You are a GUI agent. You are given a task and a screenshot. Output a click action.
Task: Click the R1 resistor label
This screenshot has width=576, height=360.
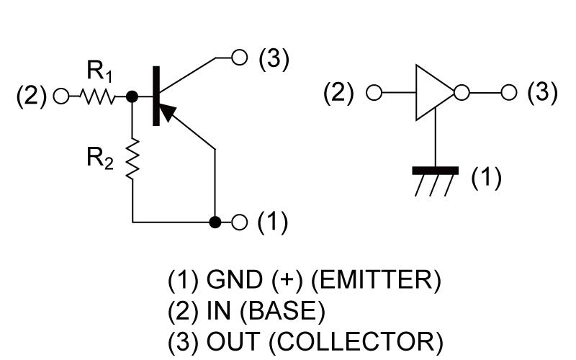pyautogui.click(x=99, y=73)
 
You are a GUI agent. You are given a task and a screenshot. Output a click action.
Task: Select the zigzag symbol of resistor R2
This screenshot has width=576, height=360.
pyautogui.click(x=132, y=160)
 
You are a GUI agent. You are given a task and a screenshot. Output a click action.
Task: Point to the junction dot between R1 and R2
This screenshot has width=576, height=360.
pyautogui.click(x=132, y=96)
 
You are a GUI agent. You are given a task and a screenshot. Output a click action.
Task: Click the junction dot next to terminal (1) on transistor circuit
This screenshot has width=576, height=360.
pyautogui.click(x=215, y=222)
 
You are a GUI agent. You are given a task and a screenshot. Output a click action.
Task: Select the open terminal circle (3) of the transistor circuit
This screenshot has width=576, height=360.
pyautogui.click(x=239, y=57)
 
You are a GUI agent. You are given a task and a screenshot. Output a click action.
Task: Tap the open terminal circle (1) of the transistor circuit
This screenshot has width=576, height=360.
pyautogui.click(x=239, y=222)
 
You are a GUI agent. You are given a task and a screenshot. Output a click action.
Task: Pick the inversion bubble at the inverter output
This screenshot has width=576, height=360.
pyautogui.click(x=462, y=93)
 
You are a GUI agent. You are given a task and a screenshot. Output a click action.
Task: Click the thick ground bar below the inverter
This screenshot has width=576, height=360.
pyautogui.click(x=436, y=171)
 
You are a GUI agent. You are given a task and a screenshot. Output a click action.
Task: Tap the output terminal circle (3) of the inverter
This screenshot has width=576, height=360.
pyautogui.click(x=509, y=93)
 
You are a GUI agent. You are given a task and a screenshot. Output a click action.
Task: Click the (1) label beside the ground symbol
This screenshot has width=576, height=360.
pyautogui.click(x=486, y=176)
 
